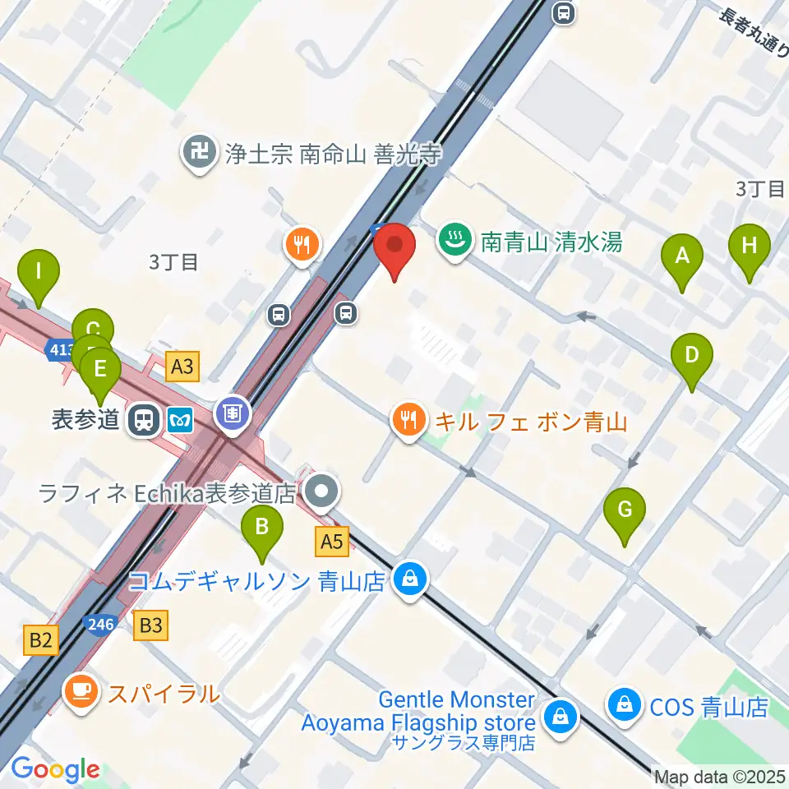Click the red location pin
[394, 247]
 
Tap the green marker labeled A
[681, 256]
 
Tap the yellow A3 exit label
[182, 366]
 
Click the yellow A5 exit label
[332, 542]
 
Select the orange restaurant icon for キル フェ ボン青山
[409, 422]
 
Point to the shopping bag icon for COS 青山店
[625, 706]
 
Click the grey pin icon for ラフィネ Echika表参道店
[321, 492]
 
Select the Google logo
[55, 769]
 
